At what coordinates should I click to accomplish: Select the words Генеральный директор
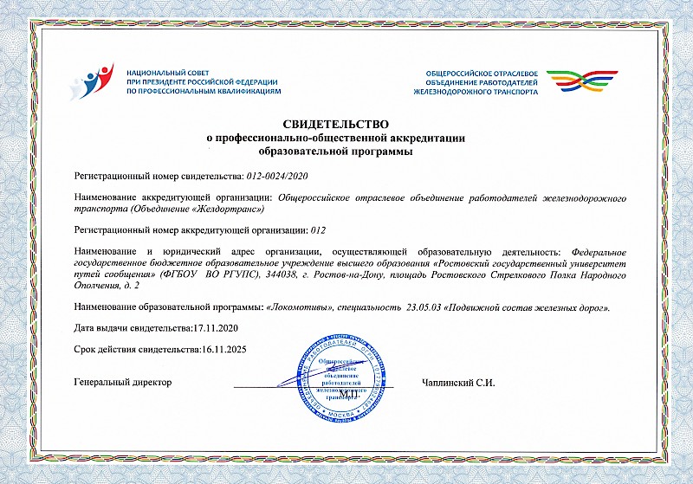coord(123,382)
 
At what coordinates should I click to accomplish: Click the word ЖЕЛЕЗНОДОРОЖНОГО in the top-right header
coord(454,90)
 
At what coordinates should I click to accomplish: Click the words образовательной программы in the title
coord(334,150)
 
